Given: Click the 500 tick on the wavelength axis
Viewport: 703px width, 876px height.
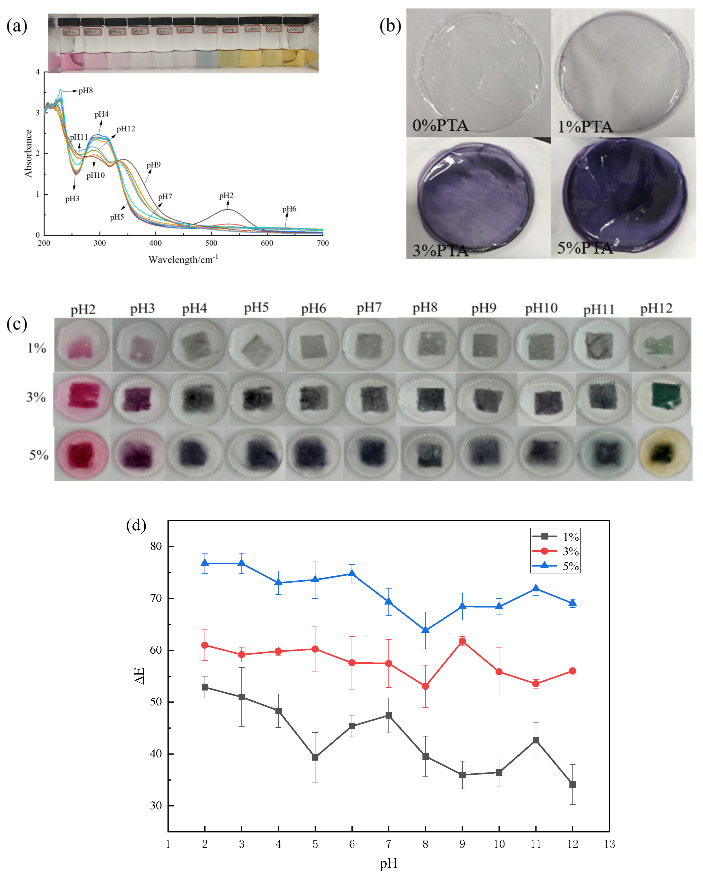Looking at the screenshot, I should tap(211, 243).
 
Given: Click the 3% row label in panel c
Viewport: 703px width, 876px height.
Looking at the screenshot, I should tap(36, 397).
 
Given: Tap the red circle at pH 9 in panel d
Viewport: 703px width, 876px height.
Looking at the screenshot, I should tap(462, 641).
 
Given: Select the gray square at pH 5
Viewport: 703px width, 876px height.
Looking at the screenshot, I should tap(315, 757).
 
